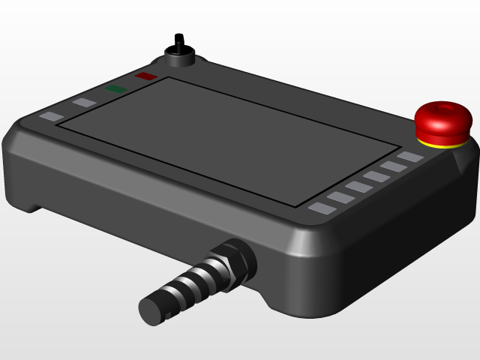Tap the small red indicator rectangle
145,76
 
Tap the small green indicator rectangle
116,89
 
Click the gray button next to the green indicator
84,103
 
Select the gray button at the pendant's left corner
52,117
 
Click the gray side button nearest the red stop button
410,157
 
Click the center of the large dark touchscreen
229,139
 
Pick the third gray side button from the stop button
376,176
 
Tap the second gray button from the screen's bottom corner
340,197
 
